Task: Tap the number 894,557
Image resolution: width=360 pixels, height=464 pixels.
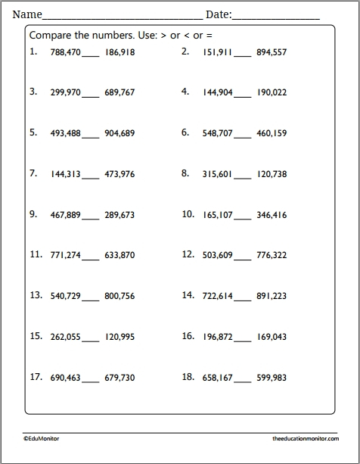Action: click(272, 53)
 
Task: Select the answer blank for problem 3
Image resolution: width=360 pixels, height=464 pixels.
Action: click(90, 95)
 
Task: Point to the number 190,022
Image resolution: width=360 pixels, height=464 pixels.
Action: click(272, 93)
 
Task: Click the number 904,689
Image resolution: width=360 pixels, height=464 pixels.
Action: click(119, 134)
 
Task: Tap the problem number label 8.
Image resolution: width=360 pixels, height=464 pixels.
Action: click(185, 173)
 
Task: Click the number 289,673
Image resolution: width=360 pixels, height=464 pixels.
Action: click(119, 216)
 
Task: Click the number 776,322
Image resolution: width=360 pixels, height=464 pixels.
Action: click(272, 256)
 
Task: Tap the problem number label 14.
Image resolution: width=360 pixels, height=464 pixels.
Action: click(188, 295)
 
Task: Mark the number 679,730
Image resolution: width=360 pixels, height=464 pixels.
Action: click(119, 378)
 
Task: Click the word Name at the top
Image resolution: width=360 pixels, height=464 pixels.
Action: click(26, 14)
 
